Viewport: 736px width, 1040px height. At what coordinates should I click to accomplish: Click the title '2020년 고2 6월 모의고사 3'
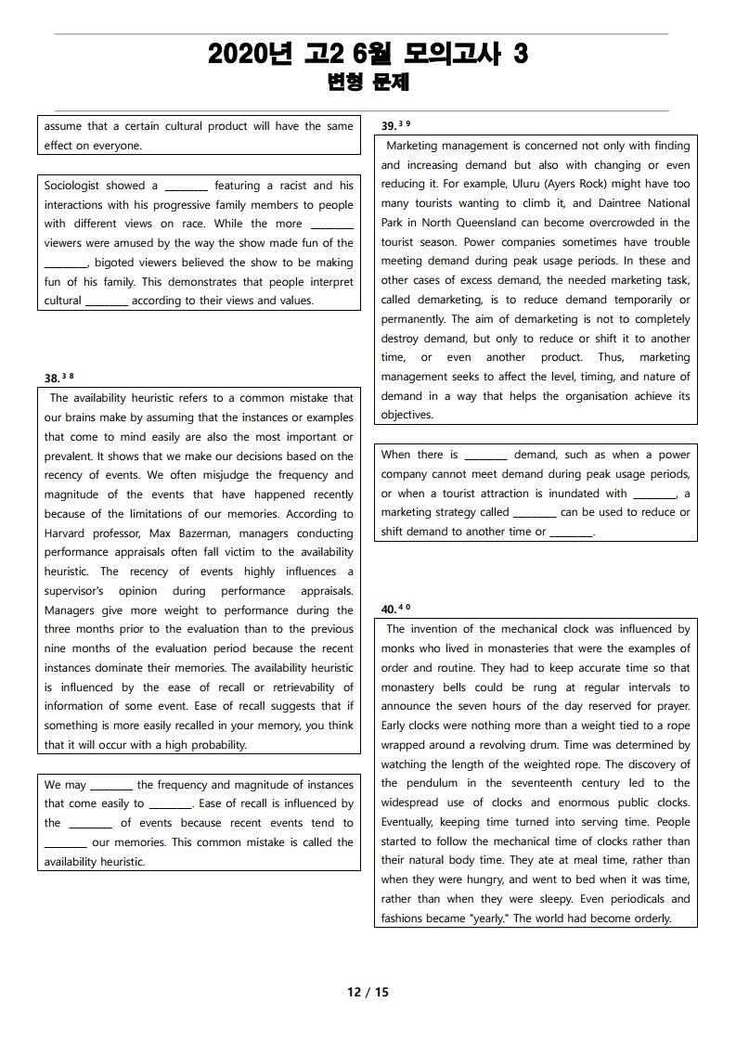tap(368, 56)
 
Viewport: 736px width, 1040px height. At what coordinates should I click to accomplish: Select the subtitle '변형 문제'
tap(368, 83)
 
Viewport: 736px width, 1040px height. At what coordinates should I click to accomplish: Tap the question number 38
tap(53, 379)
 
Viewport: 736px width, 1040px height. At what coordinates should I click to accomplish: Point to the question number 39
tap(390, 125)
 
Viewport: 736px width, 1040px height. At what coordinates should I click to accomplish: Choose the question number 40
tap(390, 610)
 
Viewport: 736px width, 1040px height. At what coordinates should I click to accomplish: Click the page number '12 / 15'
tap(368, 992)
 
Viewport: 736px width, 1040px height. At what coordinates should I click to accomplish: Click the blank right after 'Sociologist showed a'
tap(186, 186)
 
